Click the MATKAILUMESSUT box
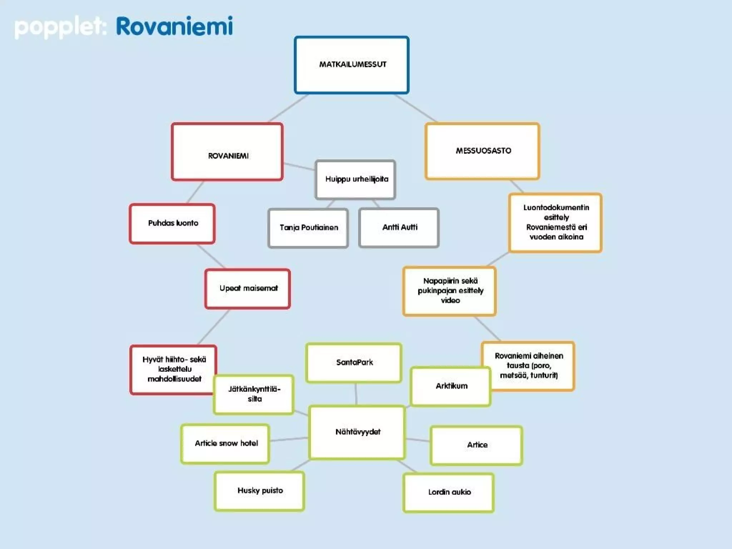pos(352,65)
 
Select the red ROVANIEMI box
pos(227,152)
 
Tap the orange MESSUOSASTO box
pos(483,151)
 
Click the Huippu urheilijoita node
pos(356,179)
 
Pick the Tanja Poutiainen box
pos(308,228)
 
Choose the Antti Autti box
pos(399,227)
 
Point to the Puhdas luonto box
pos(172,223)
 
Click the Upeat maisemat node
pos(248,288)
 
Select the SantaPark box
pos(354,362)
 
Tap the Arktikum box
pos(451,386)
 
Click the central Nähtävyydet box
pos(357,432)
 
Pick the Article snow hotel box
pos(226,444)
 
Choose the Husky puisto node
pos(259,491)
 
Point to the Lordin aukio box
pos(449,492)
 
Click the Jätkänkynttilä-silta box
pos(254,394)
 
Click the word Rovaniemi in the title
pos(174,26)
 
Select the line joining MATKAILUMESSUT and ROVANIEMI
pos(288,108)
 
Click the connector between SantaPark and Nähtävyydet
pos(356,394)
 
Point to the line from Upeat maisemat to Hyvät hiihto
pos(213,327)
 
